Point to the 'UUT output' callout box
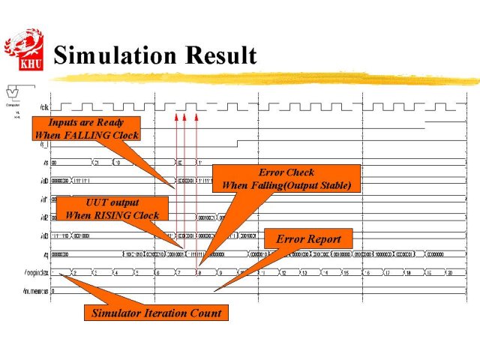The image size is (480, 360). click(x=112, y=208)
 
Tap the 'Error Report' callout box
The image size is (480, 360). click(x=308, y=239)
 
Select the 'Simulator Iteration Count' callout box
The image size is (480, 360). click(x=156, y=313)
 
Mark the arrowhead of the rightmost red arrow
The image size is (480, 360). click(x=196, y=116)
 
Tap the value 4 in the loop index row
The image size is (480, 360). click(x=116, y=272)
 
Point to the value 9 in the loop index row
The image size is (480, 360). click(x=221, y=272)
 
